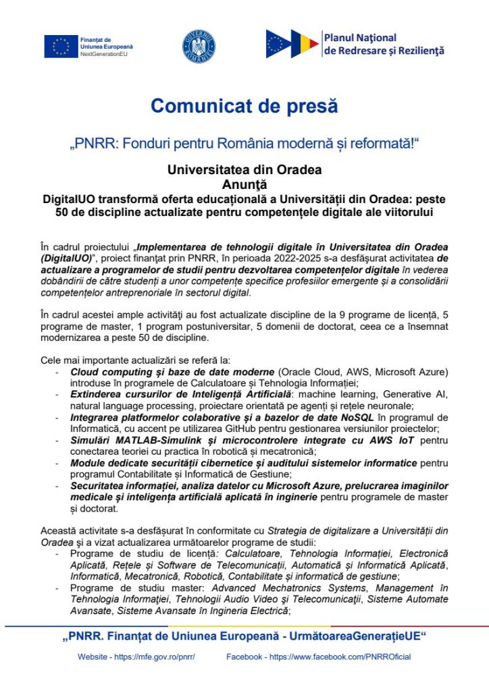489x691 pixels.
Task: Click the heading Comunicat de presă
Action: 244,106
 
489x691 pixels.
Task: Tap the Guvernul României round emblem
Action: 199,45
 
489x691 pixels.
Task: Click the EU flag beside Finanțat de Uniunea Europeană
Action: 61,46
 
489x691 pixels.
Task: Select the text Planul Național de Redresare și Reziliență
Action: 384,45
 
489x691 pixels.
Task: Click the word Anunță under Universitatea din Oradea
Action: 244,183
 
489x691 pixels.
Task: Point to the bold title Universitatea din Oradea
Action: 244,169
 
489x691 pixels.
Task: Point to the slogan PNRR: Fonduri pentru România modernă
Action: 244,143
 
